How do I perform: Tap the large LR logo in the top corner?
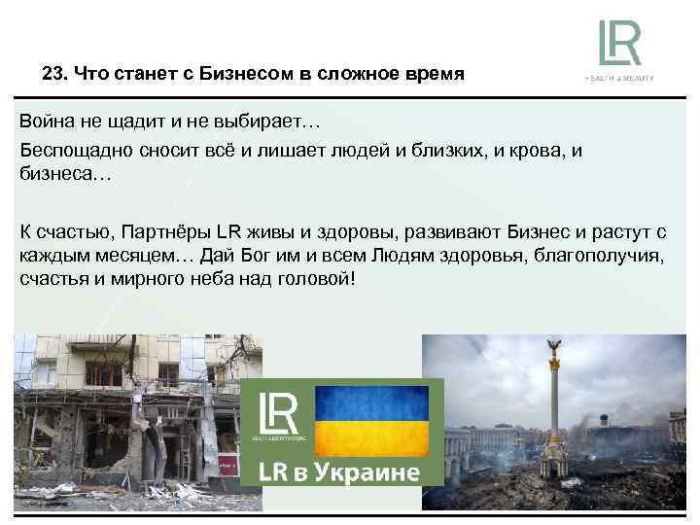[x=620, y=43]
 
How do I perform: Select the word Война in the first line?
[x=49, y=123]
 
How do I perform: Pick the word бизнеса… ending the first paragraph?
[x=65, y=176]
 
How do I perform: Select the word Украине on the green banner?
[x=370, y=473]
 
